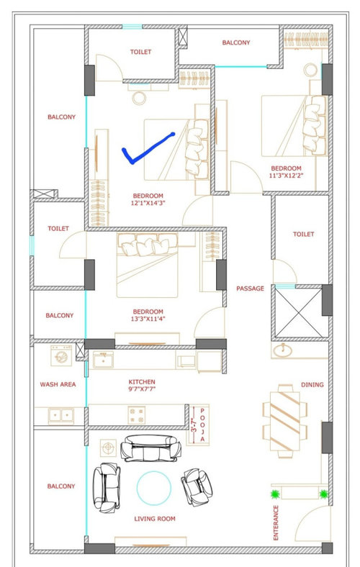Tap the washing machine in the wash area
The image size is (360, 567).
[x=61, y=355]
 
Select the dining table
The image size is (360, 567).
[x=284, y=421]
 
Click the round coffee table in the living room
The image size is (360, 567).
[x=154, y=488]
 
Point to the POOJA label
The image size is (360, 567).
[x=202, y=425]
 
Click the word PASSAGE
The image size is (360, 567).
[x=250, y=289]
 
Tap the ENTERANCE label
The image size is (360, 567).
[x=276, y=523]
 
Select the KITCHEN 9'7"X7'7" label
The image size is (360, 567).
[x=142, y=386]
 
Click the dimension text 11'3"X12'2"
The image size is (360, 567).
[x=286, y=176]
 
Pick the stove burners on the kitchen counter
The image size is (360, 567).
[x=137, y=414]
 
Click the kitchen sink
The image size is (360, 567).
[x=103, y=360]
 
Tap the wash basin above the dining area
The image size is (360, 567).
[x=282, y=350]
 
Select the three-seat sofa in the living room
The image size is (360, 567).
[x=150, y=448]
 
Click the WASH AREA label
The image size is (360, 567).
[x=58, y=384]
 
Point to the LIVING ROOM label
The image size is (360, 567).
[x=155, y=519]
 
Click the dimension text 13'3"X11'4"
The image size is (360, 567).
[x=148, y=319]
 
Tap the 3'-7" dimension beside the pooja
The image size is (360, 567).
[x=194, y=425]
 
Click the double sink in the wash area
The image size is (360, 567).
[x=61, y=415]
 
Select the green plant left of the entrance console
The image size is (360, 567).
[x=275, y=494]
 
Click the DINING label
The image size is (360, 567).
[x=312, y=385]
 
